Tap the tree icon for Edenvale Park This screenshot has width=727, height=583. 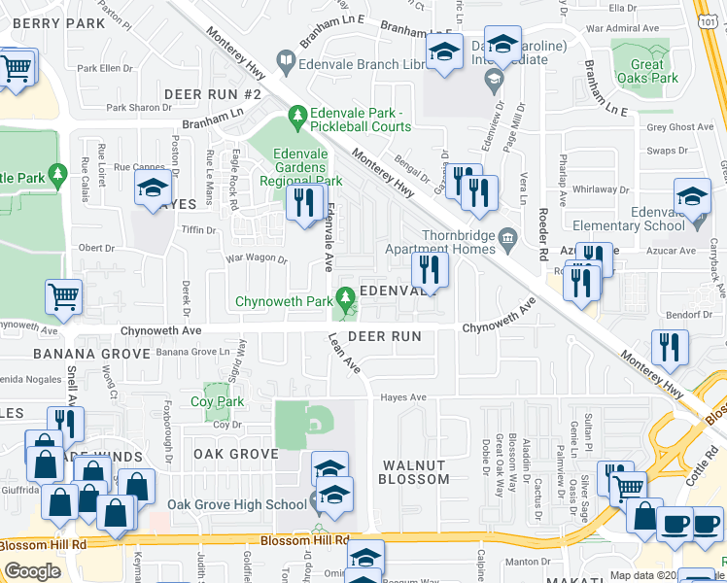[x=296, y=120]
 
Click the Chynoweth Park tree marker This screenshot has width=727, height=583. [x=343, y=296]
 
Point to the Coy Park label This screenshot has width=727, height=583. [x=217, y=401]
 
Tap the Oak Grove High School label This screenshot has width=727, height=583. [x=236, y=504]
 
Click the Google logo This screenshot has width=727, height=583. [x=32, y=571]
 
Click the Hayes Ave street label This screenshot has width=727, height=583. [x=403, y=397]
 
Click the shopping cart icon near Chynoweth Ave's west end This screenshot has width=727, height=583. [x=63, y=296]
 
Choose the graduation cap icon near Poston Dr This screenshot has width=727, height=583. [x=153, y=187]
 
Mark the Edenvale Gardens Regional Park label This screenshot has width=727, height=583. [x=307, y=167]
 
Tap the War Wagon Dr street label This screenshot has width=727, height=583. [x=257, y=259]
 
